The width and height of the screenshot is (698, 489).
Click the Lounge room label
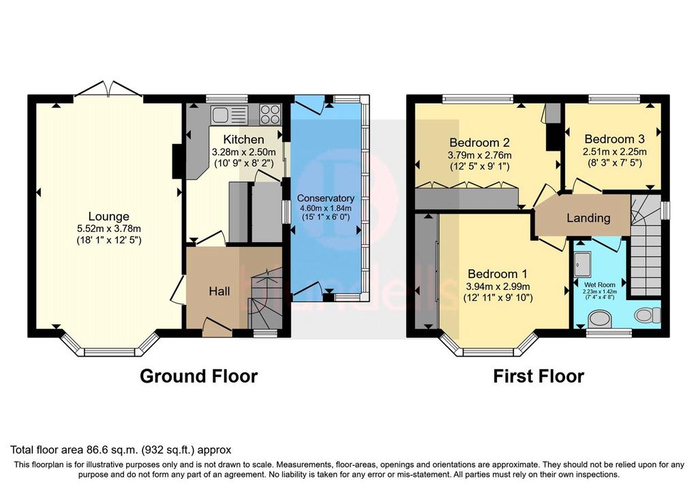pos(108,216)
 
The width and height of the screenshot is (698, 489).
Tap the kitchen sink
pos(229,115)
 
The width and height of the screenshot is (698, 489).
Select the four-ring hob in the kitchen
pos(270,114)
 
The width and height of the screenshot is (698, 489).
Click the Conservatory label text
pos(325,198)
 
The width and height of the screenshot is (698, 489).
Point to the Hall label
pos(219,291)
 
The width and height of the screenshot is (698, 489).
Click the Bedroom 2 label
pos(479,143)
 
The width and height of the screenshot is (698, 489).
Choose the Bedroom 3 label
pos(615,139)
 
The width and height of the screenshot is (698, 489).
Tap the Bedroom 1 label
pos(498,273)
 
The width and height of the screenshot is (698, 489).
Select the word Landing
pos(588,218)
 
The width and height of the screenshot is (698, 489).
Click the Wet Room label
pos(600,284)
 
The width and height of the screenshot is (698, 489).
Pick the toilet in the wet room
pos(648,315)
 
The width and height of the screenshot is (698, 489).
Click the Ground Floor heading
pos(198,376)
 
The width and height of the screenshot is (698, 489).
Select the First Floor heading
pos(538,376)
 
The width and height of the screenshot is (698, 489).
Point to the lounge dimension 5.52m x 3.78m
pos(109,229)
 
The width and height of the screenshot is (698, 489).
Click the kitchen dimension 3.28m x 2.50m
pos(244,151)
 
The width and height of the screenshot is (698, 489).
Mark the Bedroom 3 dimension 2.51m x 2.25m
pos(615,151)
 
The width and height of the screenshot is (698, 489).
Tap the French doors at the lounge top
pos(108,89)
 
